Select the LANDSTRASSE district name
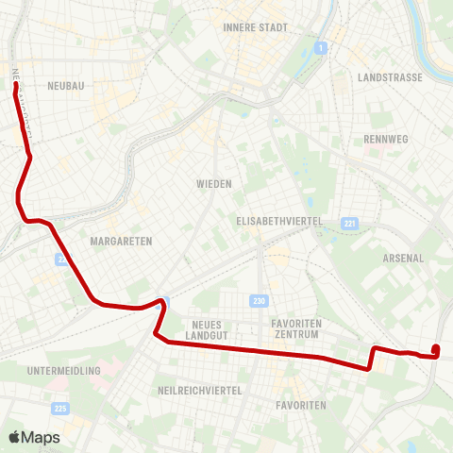tap(391, 77)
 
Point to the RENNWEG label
tap(383, 139)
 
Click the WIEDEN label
tap(214, 183)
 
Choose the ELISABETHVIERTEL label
tap(279, 221)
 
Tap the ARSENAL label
tap(403, 258)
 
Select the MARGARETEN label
tap(121, 242)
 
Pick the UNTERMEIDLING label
tap(64, 371)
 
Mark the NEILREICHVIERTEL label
tap(201, 390)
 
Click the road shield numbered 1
tap(322, 47)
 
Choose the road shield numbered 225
tap(61, 408)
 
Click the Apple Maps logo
tap(34, 437)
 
